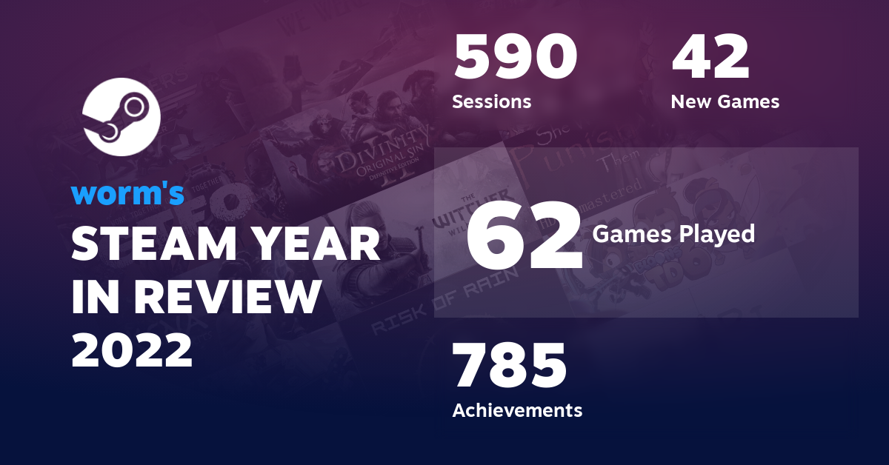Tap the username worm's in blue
tap(127, 193)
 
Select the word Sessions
tap(492, 101)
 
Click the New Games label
tap(725, 101)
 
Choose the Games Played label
tap(673, 235)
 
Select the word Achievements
tap(517, 409)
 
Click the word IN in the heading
tap(93, 298)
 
